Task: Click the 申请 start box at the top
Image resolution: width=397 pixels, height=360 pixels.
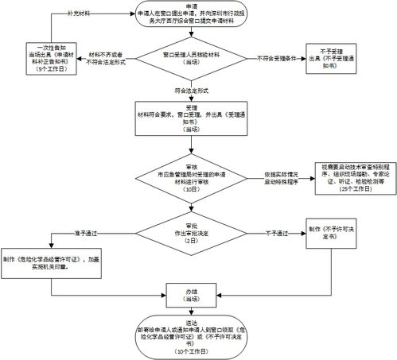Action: [199, 18]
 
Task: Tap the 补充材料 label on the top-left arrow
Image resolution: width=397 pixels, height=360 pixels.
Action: [77, 13]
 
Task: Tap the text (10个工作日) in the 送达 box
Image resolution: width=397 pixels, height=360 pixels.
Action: [199, 351]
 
